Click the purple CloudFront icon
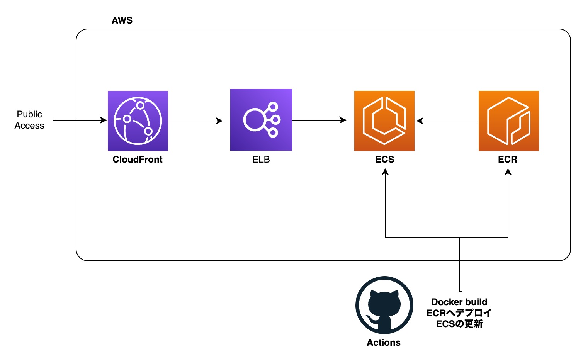click(138, 121)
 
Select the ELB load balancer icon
click(261, 120)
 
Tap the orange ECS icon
click(384, 121)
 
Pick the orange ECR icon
click(508, 121)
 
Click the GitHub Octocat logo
click(384, 305)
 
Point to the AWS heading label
click(122, 20)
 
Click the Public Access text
click(29, 120)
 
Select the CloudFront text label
click(138, 160)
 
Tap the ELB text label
click(261, 160)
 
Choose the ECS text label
click(385, 160)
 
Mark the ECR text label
click(508, 160)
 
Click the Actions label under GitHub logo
click(384, 343)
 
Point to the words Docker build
click(459, 302)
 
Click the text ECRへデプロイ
click(459, 313)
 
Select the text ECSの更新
click(459, 324)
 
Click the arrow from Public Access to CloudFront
click(79, 120)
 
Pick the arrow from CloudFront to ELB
click(195, 121)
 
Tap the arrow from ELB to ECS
click(319, 120)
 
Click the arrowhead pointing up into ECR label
click(508, 172)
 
